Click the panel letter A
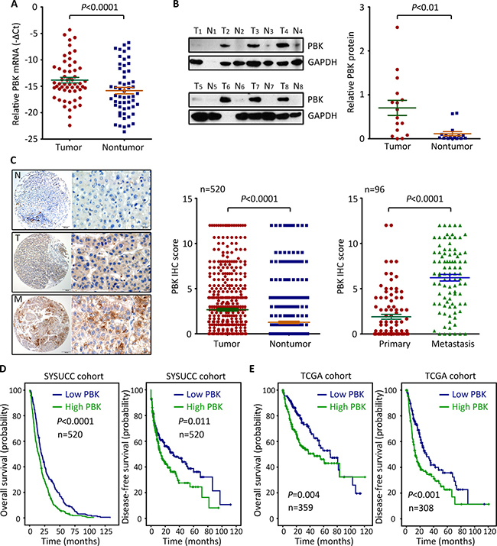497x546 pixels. point(5,6)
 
